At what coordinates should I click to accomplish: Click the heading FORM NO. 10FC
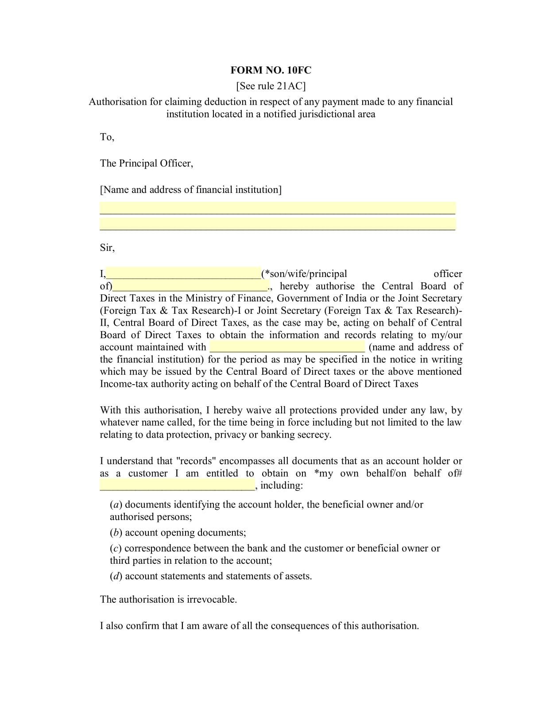271,70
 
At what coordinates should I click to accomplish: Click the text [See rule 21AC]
271,86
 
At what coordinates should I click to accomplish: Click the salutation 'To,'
107,137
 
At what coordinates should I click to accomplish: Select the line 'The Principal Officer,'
147,163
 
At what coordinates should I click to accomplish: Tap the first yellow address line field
277,208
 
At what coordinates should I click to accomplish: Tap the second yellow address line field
277,224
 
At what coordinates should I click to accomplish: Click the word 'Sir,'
107,248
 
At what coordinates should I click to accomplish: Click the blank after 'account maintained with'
287,347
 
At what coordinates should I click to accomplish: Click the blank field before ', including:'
177,485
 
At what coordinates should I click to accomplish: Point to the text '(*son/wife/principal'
304,274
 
